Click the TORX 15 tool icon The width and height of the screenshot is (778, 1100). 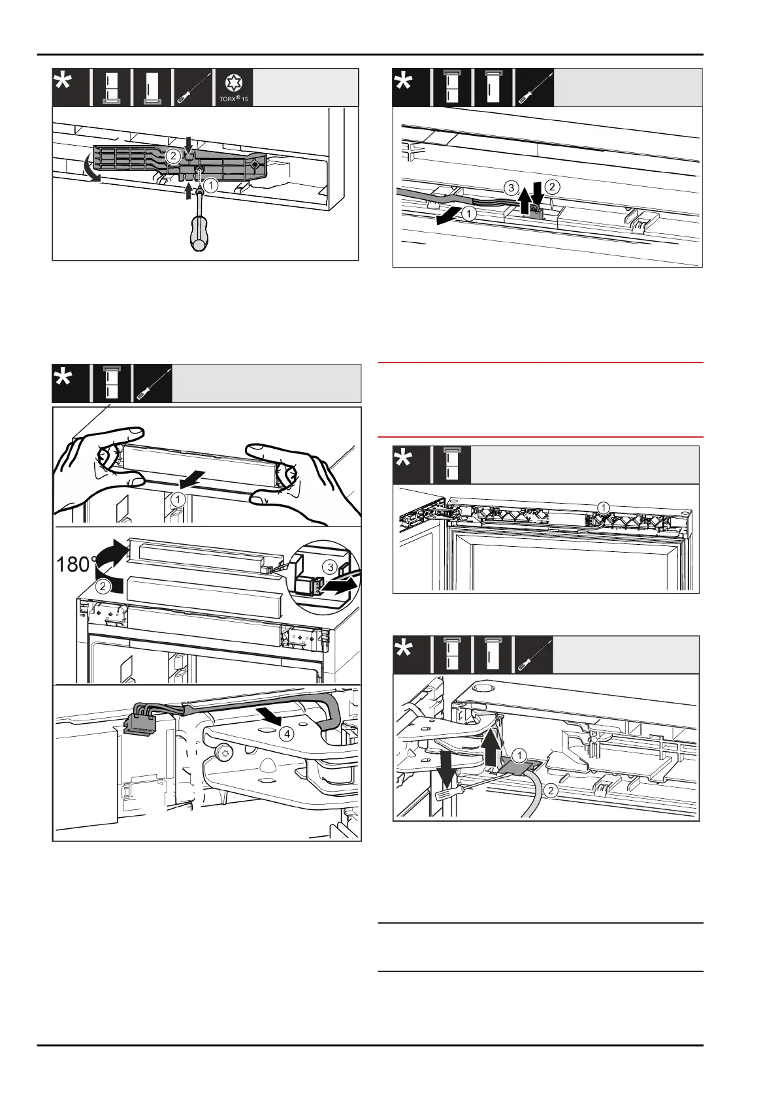235,88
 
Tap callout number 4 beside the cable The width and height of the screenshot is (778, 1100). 285,734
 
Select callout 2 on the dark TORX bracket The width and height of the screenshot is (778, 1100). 172,155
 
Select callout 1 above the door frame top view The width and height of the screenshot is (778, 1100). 604,507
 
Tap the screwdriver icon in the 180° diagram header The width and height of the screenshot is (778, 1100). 152,383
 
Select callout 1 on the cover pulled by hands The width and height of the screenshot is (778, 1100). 177,499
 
